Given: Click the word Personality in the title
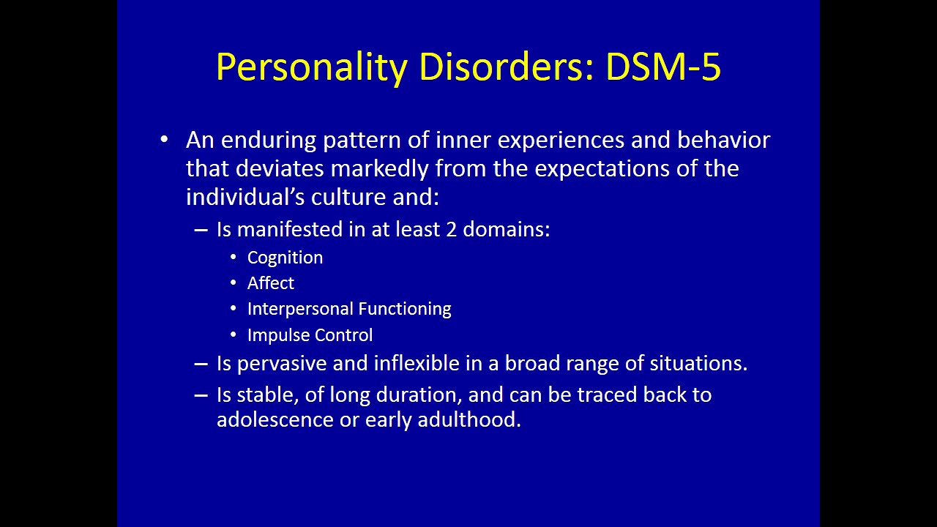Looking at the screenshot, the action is click(312, 67).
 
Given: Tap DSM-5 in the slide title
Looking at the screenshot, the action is click(663, 67).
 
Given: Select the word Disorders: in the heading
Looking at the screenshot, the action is click(507, 67).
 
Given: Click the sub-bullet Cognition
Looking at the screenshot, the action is click(285, 258).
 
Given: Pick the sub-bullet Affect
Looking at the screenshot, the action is click(271, 283).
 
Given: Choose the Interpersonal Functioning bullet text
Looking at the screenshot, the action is click(349, 309).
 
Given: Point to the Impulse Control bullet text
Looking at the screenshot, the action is click(310, 335).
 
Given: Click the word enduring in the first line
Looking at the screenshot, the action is click(269, 140).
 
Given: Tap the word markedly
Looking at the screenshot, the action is click(380, 168).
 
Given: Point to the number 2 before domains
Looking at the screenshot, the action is click(452, 230).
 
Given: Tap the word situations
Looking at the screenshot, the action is click(698, 363).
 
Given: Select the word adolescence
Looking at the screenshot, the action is click(275, 419).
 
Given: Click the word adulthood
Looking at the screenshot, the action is click(469, 419).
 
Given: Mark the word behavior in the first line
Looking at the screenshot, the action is click(724, 140).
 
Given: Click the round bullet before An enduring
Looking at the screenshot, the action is click(164, 139).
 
